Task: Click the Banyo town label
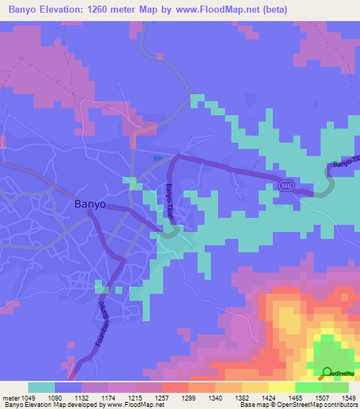90,204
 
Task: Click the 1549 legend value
349,398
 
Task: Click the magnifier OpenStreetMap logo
327,372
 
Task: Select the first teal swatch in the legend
41,387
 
